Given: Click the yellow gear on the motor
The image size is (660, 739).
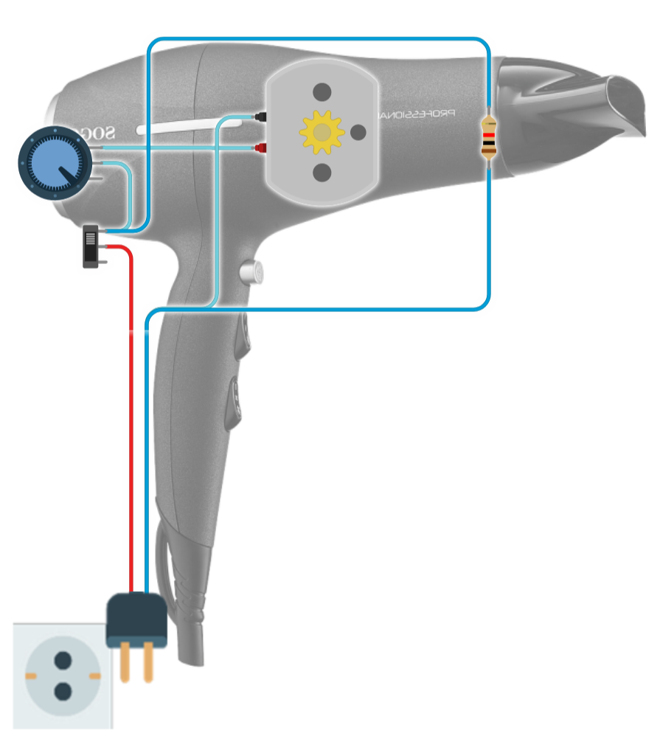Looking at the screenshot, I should tap(322, 132).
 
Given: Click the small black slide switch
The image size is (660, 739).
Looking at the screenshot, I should tap(90, 246).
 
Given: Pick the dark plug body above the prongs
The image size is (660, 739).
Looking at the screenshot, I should tap(136, 619).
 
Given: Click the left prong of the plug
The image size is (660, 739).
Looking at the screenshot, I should tap(125, 662).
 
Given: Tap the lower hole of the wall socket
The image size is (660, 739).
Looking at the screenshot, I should tap(63, 691).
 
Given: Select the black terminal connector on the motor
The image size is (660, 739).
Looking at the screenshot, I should tap(260, 117).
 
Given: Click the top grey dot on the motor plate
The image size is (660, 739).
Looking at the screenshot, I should tap(322, 92).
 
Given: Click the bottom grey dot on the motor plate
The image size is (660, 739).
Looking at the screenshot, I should tap(322, 173).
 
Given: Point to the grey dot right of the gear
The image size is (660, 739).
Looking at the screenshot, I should tap(359, 132).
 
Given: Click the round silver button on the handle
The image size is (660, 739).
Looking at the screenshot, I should tap(252, 273).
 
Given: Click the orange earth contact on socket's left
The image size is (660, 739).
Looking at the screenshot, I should tap(31, 676).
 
